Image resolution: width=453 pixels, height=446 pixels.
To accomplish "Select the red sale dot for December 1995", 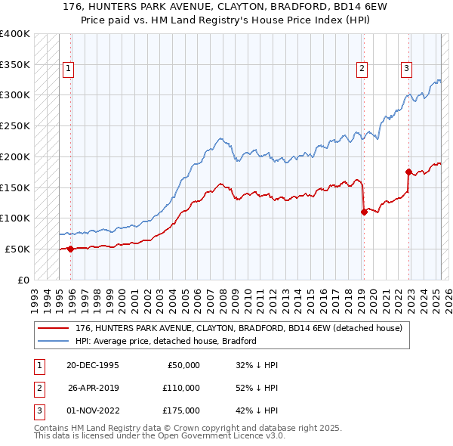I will (x=70, y=248).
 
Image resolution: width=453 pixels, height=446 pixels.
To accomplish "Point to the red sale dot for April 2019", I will (x=363, y=212).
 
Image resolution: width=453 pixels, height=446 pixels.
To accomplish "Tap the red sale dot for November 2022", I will (x=408, y=172).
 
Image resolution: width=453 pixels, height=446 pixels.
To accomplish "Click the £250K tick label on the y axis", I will (x=16, y=126).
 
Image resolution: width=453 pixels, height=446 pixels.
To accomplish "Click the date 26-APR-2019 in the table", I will (x=94, y=388).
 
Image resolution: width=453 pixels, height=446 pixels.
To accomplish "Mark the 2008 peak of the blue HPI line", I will (x=220, y=138).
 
